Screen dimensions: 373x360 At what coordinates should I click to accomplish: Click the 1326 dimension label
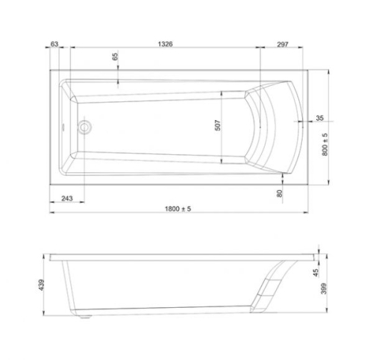pos(165,44)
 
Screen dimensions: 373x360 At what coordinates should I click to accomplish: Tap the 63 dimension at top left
pos(54,44)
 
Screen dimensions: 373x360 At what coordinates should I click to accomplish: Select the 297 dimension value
pos(283,45)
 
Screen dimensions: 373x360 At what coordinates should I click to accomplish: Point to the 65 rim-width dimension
pos(115,57)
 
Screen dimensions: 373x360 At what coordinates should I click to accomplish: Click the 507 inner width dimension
pos(218,125)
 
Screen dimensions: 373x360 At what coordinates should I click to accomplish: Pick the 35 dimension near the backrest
pos(319,118)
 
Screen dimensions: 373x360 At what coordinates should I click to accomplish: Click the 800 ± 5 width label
pos(325,145)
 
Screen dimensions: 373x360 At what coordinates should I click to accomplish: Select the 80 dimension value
pos(280,194)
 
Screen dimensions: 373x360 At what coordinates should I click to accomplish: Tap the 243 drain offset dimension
pos(67,198)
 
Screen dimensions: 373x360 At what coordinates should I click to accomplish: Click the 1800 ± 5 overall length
pos(178,209)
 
